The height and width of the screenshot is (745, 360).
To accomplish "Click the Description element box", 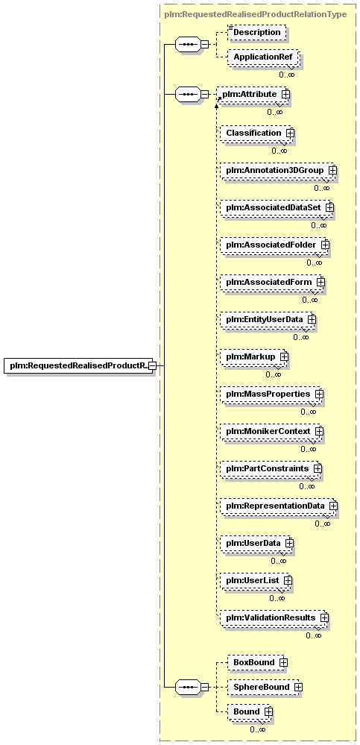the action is [257, 32].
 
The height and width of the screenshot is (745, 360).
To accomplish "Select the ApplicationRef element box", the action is [263, 57].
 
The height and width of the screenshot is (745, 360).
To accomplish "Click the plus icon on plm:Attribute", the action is [285, 94].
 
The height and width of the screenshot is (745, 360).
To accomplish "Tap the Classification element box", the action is [257, 133].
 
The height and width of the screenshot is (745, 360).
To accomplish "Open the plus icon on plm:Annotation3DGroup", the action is [332, 170].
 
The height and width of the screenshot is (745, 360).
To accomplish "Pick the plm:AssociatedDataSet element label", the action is [273, 207].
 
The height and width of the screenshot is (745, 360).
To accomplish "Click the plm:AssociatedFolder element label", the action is [271, 245].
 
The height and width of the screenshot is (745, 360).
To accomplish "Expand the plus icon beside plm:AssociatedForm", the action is [320, 282].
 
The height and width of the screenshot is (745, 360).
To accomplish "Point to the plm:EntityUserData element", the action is [268, 319].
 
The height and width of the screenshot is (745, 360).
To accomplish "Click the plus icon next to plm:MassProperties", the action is [319, 394].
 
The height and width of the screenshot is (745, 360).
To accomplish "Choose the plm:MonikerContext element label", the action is [268, 431].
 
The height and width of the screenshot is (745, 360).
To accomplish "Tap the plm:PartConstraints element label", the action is [268, 468].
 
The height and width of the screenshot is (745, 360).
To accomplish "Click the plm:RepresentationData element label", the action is [275, 506].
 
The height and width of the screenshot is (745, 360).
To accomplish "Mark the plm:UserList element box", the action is [256, 581].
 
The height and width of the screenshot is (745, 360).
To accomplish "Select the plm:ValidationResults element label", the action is [271, 617].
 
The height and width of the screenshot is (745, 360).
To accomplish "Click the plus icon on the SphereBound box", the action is [298, 687].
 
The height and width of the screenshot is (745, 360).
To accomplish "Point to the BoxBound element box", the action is [257, 662].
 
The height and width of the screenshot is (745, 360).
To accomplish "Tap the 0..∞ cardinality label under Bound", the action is [257, 729].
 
